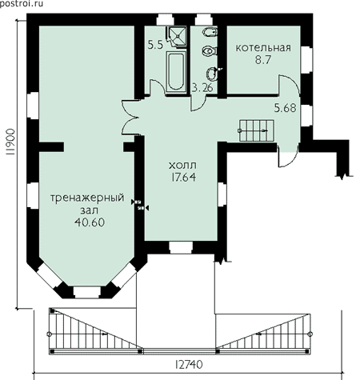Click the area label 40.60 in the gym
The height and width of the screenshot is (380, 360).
[x=90, y=222]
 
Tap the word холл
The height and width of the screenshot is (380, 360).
[x=183, y=166]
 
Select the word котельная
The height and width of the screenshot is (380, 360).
[x=263, y=48]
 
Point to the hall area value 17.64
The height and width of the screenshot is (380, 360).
[x=183, y=178]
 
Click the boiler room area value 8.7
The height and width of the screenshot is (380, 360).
[x=263, y=60]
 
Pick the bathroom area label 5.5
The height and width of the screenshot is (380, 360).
[x=155, y=45]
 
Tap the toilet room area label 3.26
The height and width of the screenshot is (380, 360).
[x=202, y=87]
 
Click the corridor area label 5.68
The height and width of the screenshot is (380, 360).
[x=286, y=108]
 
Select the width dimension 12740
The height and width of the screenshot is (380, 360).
[x=189, y=365]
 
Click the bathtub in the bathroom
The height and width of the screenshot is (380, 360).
[x=176, y=71]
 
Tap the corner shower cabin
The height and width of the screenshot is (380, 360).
[x=177, y=37]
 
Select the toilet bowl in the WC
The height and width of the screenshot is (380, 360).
[x=210, y=50]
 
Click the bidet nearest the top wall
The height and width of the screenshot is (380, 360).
[x=210, y=33]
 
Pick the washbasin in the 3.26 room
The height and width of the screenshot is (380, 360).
[x=213, y=74]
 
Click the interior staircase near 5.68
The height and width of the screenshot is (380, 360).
[x=256, y=130]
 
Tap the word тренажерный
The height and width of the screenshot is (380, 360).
[x=87, y=198]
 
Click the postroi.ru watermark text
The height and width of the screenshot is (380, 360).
[x=21, y=3]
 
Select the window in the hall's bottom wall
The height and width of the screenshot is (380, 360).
[x=181, y=248]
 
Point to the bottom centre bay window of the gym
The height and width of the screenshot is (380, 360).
[x=87, y=293]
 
